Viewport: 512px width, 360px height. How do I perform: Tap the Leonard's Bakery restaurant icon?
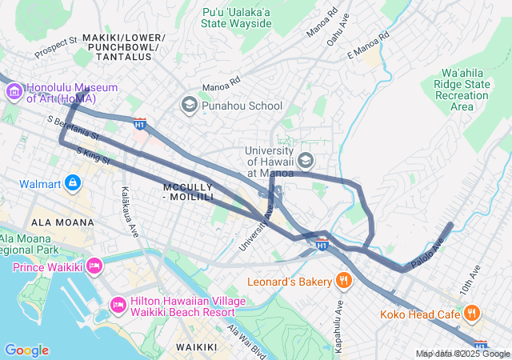(344, 280)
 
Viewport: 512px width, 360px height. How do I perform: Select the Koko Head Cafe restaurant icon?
(473, 313)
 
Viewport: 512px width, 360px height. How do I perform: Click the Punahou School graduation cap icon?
(190, 105)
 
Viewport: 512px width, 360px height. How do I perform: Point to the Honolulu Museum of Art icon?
(14, 93)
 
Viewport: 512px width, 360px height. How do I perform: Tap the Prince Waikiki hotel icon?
(95, 266)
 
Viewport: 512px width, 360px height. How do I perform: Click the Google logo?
(26, 350)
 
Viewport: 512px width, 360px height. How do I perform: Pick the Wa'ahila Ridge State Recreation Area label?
(462, 89)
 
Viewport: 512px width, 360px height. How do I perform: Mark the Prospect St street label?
(56, 47)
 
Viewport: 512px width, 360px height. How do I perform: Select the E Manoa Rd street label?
(368, 46)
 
